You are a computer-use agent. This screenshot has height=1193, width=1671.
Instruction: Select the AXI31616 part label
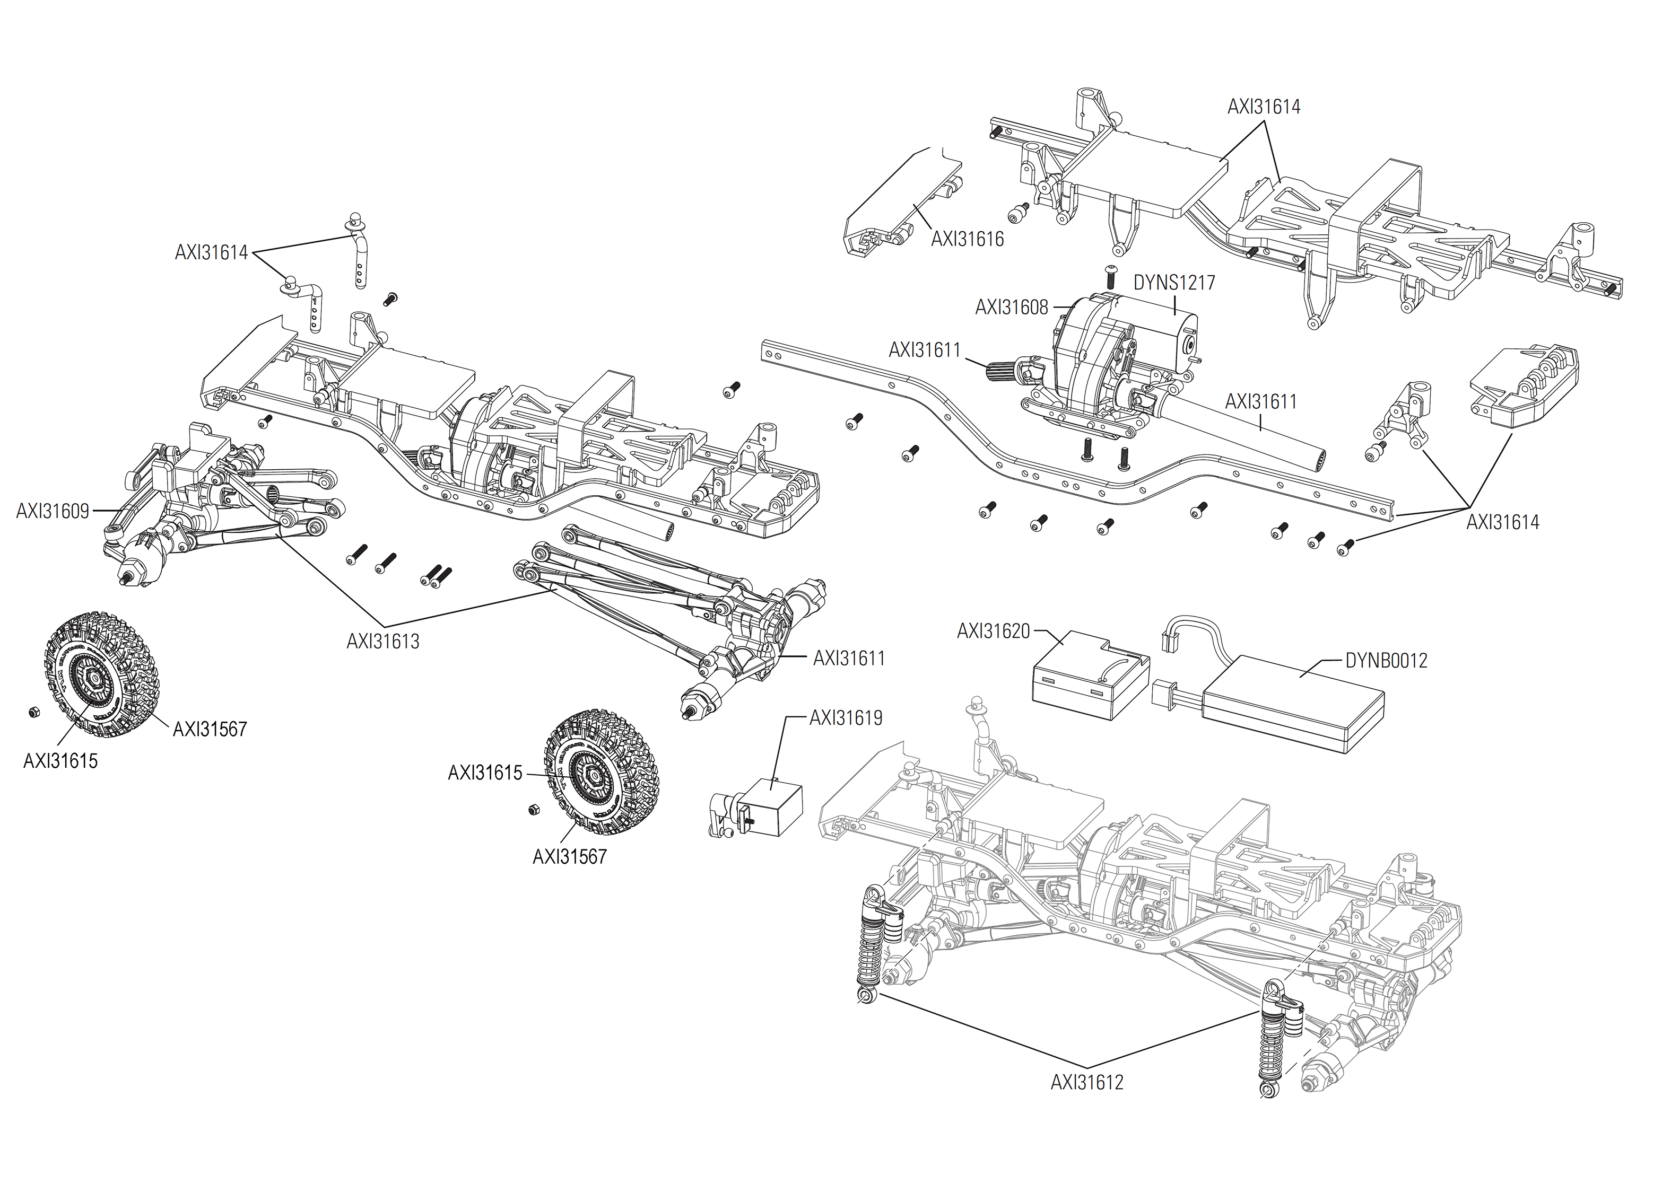click(x=967, y=240)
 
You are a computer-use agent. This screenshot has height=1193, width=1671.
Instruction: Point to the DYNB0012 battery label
click(x=1386, y=661)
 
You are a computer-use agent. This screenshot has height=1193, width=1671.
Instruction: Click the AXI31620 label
click(x=994, y=631)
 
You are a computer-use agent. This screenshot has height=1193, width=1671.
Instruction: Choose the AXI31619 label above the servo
click(x=846, y=718)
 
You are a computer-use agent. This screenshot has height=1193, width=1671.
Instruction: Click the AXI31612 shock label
click(x=1087, y=1083)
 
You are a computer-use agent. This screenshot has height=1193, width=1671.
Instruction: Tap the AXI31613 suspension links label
click(x=383, y=642)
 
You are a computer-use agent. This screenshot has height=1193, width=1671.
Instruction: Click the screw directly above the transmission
click(x=1110, y=277)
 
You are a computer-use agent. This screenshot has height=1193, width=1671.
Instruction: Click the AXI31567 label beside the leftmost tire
click(x=210, y=730)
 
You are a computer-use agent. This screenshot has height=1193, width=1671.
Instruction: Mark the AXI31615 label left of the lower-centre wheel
click(x=485, y=773)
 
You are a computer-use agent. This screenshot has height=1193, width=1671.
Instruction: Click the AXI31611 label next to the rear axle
click(x=849, y=658)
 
